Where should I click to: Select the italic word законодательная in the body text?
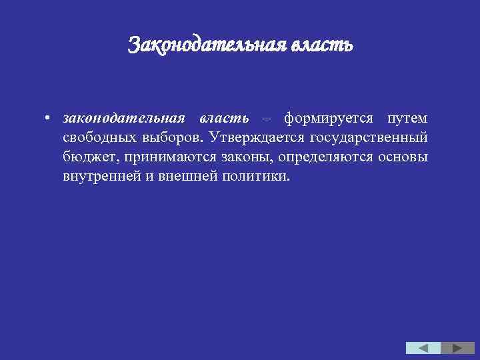tap(123, 118)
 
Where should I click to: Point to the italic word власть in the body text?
tap(224, 118)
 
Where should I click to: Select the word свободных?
tap(99, 138)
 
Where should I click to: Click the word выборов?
tap(173, 138)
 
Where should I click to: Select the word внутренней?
tap(100, 178)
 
